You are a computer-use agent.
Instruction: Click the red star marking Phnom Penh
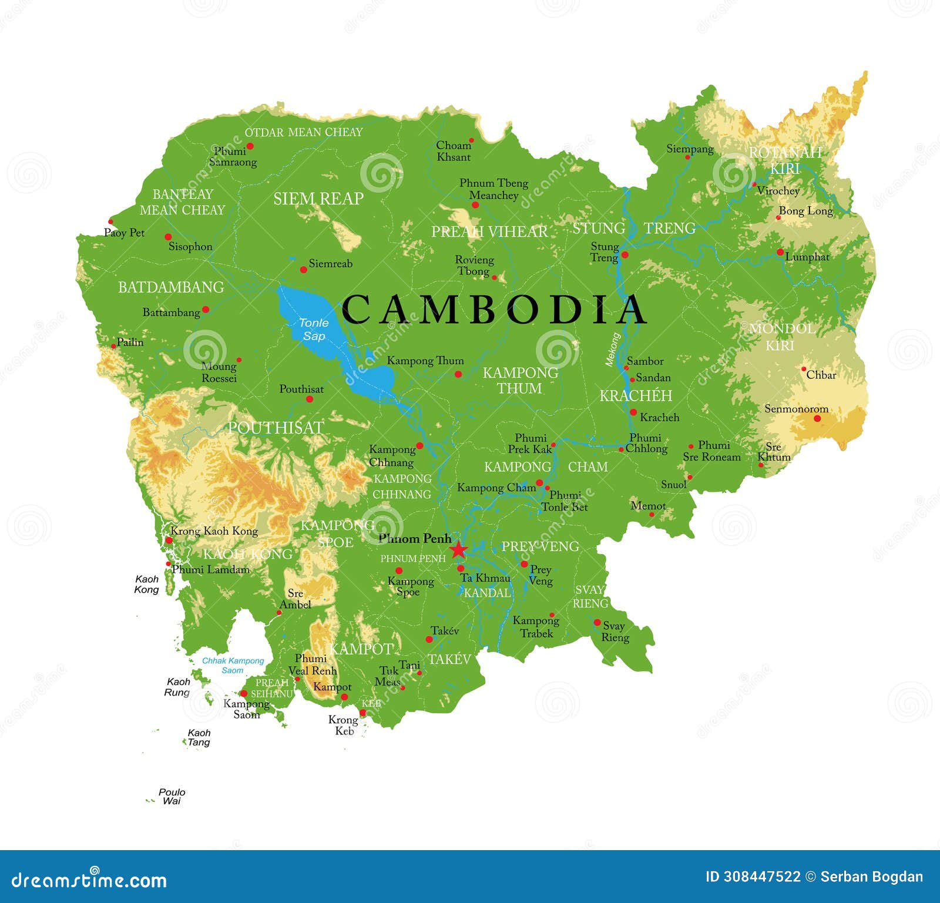458,550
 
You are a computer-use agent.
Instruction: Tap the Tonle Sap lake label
314,330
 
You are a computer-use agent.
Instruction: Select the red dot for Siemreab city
304,270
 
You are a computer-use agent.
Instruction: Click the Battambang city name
171,313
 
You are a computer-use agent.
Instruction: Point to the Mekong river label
613,350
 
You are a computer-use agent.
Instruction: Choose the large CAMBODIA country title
493,310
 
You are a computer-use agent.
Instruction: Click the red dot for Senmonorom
817,418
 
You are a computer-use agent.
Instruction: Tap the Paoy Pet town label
124,233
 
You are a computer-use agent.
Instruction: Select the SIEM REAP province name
318,199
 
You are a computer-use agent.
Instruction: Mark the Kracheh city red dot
633,412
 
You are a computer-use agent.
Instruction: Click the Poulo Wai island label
172,797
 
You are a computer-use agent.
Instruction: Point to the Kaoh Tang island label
199,737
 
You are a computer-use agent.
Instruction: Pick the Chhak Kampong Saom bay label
233,665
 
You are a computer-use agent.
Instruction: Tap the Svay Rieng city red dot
597,622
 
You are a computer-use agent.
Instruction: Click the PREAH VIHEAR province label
489,232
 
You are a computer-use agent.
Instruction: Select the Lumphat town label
807,257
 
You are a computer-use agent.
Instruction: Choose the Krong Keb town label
344,725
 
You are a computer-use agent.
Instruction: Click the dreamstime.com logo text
89,880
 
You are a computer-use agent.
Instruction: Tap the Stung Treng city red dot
625,254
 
